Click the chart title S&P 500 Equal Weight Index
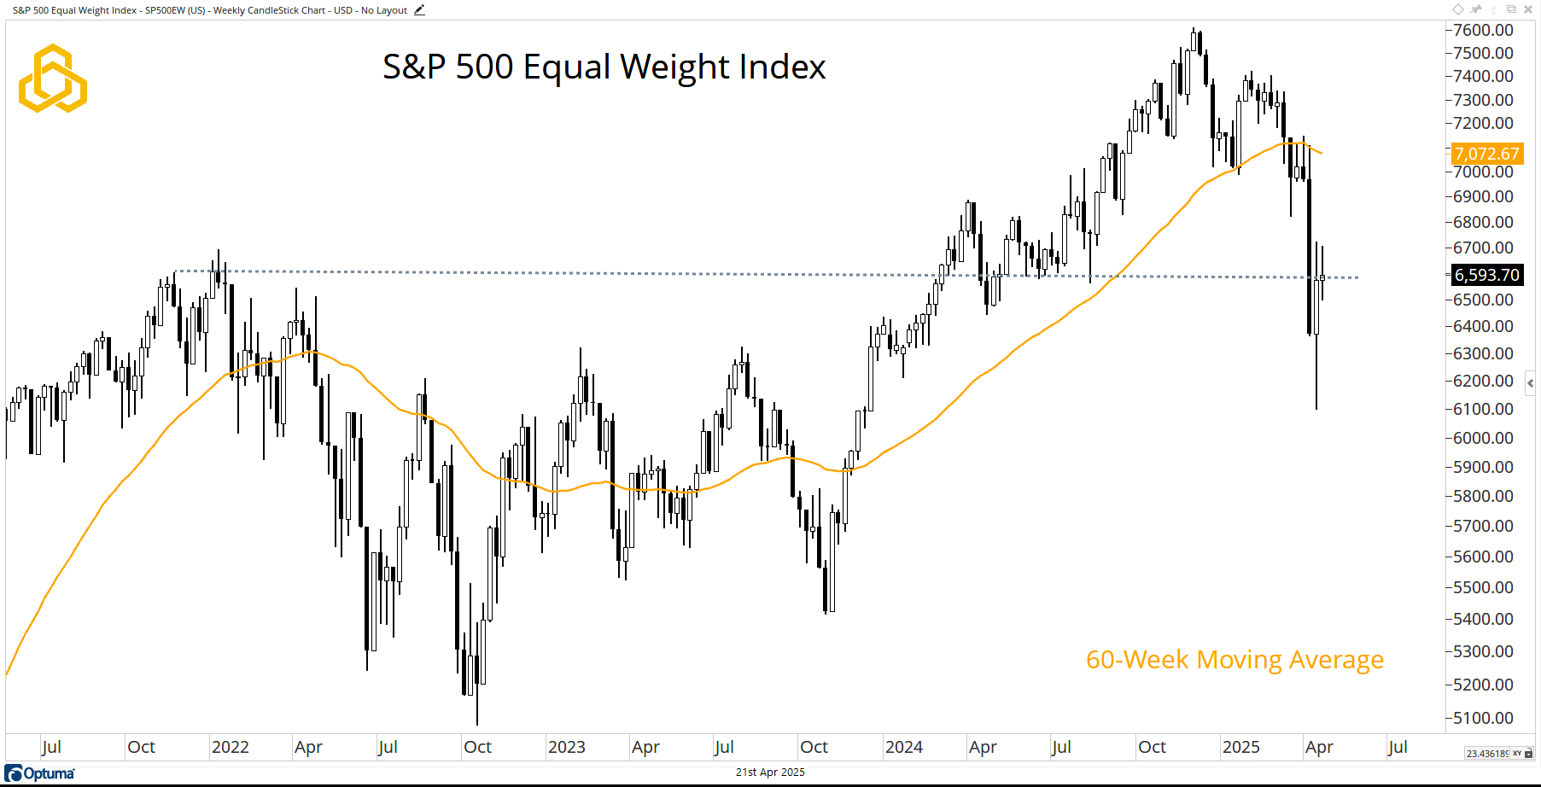(x=604, y=67)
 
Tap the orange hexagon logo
(x=53, y=79)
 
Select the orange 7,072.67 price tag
(x=1486, y=154)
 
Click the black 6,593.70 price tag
(x=1486, y=275)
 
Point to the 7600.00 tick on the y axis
(x=1483, y=30)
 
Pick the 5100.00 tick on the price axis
(x=1483, y=718)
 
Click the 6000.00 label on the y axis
(x=1483, y=438)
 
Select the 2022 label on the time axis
(x=230, y=747)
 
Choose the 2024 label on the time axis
(x=903, y=747)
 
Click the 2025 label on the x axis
(x=1240, y=747)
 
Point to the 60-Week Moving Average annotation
(x=1235, y=660)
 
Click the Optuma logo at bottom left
(x=40, y=773)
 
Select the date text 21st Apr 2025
(x=770, y=772)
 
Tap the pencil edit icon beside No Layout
(x=419, y=10)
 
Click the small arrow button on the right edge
(x=1531, y=383)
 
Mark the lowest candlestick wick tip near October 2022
(x=477, y=724)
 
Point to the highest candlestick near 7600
(x=1194, y=29)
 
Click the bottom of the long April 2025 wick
(x=1316, y=408)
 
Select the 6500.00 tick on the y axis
(x=1483, y=300)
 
